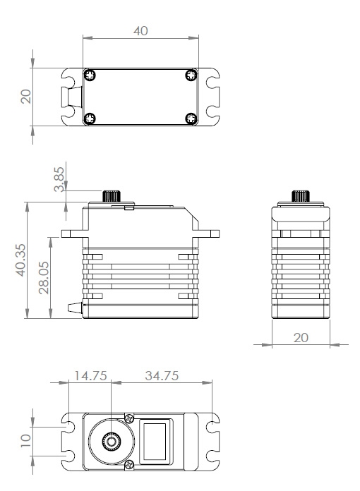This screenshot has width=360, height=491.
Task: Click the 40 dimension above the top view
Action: coord(140,32)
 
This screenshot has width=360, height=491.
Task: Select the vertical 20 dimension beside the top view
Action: coord(26,96)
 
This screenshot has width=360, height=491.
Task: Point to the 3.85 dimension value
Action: coord(59,178)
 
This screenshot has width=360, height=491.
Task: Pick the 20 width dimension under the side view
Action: coord(301,338)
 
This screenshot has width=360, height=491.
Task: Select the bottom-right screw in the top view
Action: coord(191,119)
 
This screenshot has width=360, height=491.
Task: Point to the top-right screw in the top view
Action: coord(191,75)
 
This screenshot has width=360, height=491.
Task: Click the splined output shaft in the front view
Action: coord(112,195)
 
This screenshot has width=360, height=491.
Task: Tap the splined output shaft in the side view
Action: coord(301,195)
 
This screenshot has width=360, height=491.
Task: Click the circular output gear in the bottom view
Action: coord(112,442)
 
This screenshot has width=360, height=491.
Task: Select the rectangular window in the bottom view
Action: coord(155,442)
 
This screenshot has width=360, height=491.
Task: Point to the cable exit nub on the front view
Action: coord(73,308)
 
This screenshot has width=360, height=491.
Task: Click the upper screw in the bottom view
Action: coord(128,418)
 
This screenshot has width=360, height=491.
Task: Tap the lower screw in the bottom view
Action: coord(128,465)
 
